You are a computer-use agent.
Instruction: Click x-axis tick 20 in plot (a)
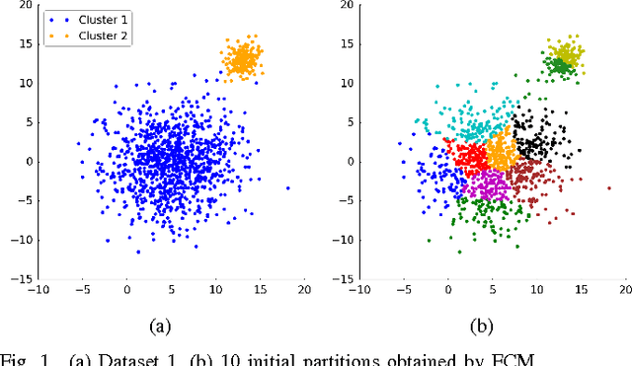point(304,289)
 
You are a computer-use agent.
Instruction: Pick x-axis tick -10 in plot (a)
point(38,289)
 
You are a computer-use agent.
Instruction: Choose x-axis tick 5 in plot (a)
point(171,289)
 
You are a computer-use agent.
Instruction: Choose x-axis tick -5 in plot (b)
point(403,289)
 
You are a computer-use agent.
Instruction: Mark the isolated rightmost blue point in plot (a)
point(288,187)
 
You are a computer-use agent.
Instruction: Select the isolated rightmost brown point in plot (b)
point(609,187)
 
